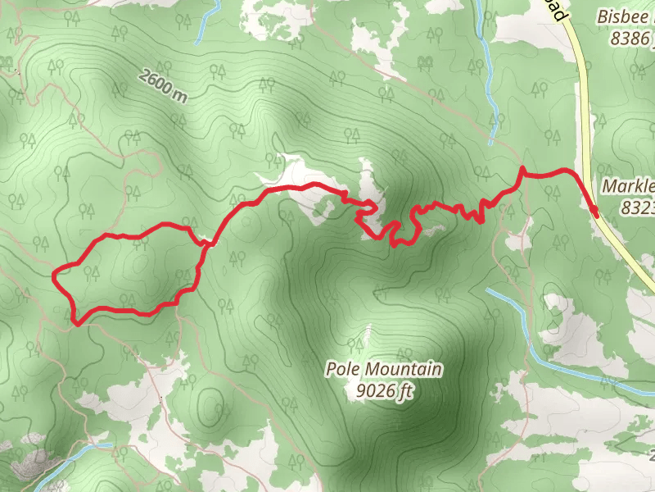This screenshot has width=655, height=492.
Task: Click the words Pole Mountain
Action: point(384,370)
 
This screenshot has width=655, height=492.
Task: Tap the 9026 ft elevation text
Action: point(384,392)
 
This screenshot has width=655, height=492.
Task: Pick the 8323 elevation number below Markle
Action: point(637,208)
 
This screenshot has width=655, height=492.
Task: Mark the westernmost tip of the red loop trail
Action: point(54,273)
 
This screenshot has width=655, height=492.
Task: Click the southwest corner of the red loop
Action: point(75,322)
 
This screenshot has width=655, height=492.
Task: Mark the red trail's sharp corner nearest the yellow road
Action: point(522,170)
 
